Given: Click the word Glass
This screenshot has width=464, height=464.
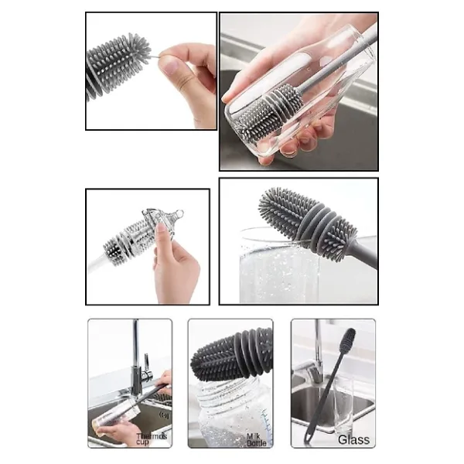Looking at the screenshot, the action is [x=353, y=440].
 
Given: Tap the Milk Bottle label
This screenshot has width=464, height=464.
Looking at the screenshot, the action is [x=256, y=440].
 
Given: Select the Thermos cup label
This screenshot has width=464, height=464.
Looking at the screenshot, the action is [x=152, y=439].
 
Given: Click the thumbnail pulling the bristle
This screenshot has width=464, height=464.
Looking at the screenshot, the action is [x=170, y=66].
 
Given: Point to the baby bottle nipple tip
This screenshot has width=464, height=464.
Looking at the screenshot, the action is [x=179, y=213].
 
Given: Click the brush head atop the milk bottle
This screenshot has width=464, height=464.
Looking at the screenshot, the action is [x=231, y=354].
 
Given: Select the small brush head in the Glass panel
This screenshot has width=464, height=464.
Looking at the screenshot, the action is [x=347, y=339].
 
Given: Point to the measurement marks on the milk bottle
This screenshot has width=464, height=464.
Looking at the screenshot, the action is [x=266, y=420].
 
